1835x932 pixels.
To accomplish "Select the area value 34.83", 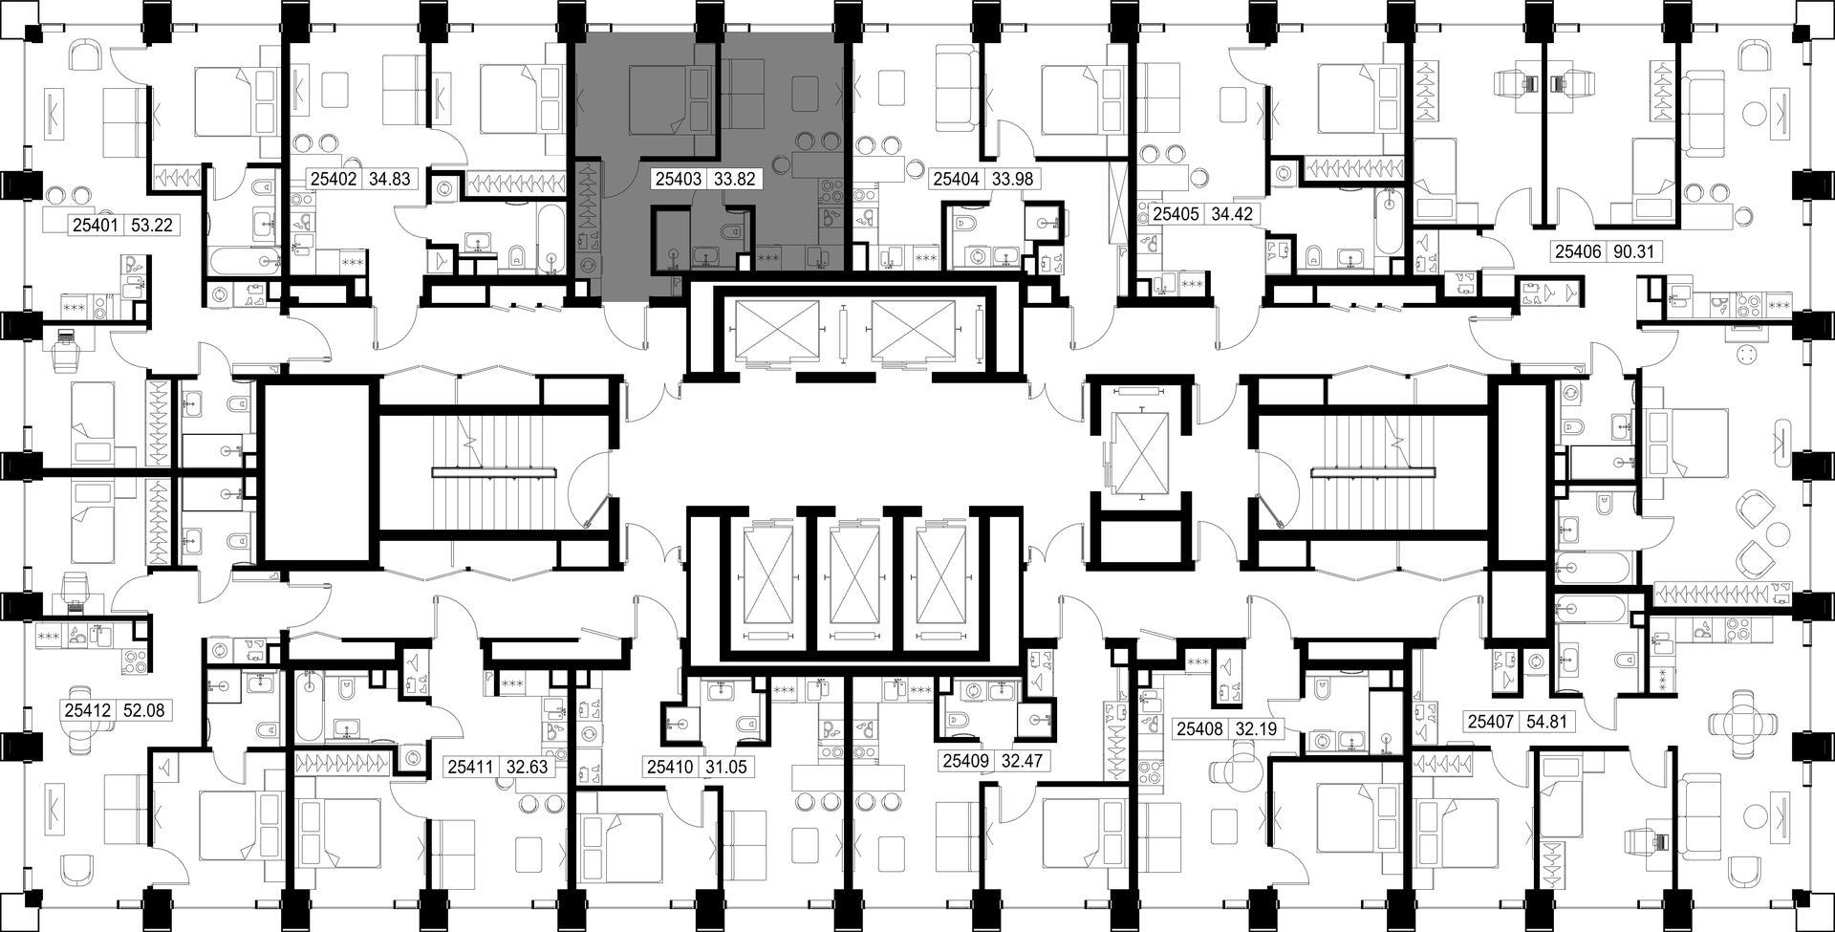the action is pyautogui.click(x=388, y=179).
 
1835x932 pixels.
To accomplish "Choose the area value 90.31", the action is pyautogui.click(x=1632, y=252).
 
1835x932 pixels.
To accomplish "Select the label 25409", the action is pyautogui.click(x=966, y=762).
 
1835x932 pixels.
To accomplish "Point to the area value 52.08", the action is pyautogui.click(x=148, y=711).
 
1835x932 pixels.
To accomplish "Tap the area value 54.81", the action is pyautogui.click(x=1546, y=722).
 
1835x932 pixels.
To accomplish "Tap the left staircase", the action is pyautogui.click(x=493, y=471).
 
